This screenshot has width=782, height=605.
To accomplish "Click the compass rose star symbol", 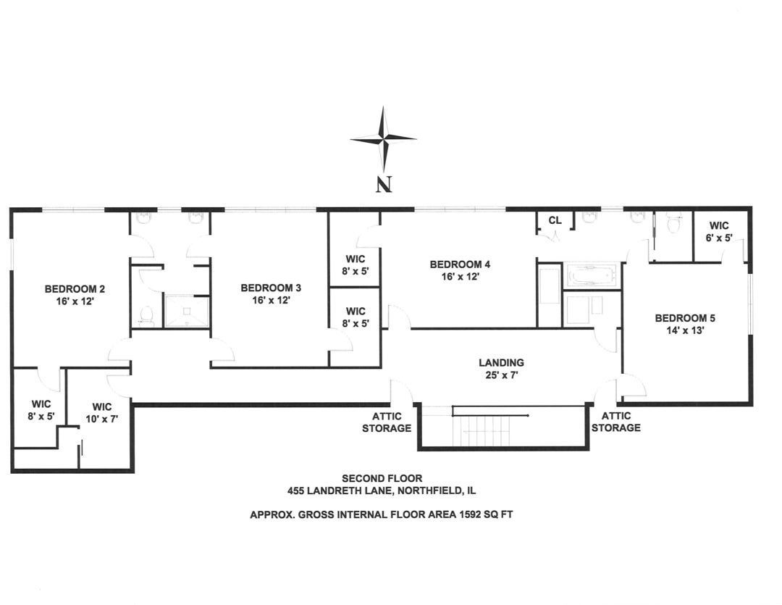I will click(x=383, y=138).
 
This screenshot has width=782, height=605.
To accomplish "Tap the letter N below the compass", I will click(x=384, y=185).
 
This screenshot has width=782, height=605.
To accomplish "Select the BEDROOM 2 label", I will click(x=70, y=287).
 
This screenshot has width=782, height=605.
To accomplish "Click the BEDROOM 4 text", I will click(x=454, y=264).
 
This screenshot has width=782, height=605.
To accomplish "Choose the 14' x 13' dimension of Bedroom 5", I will click(x=680, y=330).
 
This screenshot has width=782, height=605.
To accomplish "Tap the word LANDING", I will click(x=501, y=362).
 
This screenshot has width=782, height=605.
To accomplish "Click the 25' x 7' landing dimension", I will click(x=501, y=375).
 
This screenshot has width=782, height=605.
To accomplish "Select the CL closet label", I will click(x=555, y=220).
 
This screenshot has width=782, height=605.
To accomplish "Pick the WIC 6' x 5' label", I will click(x=719, y=230).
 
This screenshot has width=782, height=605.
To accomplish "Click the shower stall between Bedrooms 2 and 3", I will click(x=186, y=312).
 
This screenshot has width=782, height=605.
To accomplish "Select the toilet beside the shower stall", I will click(x=146, y=314).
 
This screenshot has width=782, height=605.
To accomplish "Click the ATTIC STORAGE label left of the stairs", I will click(x=392, y=422).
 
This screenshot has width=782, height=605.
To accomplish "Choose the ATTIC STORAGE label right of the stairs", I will click(x=615, y=422).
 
